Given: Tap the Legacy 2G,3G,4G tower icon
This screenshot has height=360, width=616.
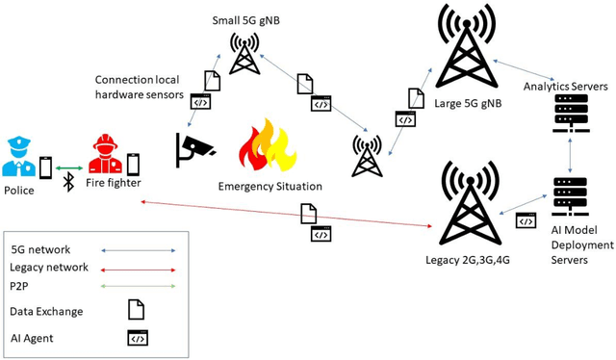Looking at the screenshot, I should tap(472, 201).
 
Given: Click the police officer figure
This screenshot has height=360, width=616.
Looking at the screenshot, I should tap(20, 157).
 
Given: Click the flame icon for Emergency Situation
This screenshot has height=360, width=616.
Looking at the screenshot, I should tap(267, 145).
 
